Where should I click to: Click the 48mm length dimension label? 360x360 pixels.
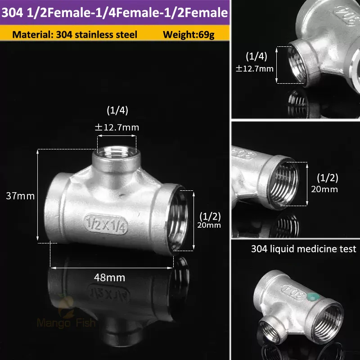(x=110, y=277)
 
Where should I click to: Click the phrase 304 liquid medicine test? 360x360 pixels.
(x=304, y=249)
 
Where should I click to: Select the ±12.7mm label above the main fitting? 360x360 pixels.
(x=117, y=127)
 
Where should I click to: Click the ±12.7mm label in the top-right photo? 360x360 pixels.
(x=255, y=68)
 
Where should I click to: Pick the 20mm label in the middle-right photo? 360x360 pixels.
(x=324, y=189)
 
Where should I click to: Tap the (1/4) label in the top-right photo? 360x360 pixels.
(x=256, y=56)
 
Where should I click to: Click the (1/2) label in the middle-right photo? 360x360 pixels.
(x=327, y=177)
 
